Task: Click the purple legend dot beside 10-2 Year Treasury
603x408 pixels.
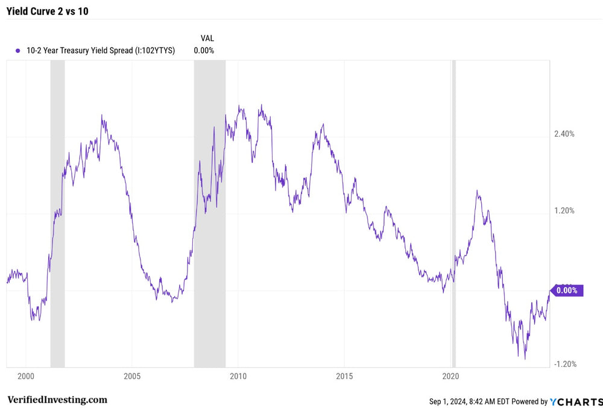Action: coord(18,51)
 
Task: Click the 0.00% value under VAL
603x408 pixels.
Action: coord(204,51)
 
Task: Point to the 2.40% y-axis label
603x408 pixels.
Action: coord(564,134)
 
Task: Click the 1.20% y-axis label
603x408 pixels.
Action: coord(564,211)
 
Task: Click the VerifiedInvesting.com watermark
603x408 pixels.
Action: coord(57,400)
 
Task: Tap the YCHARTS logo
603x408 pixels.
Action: coord(575,401)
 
